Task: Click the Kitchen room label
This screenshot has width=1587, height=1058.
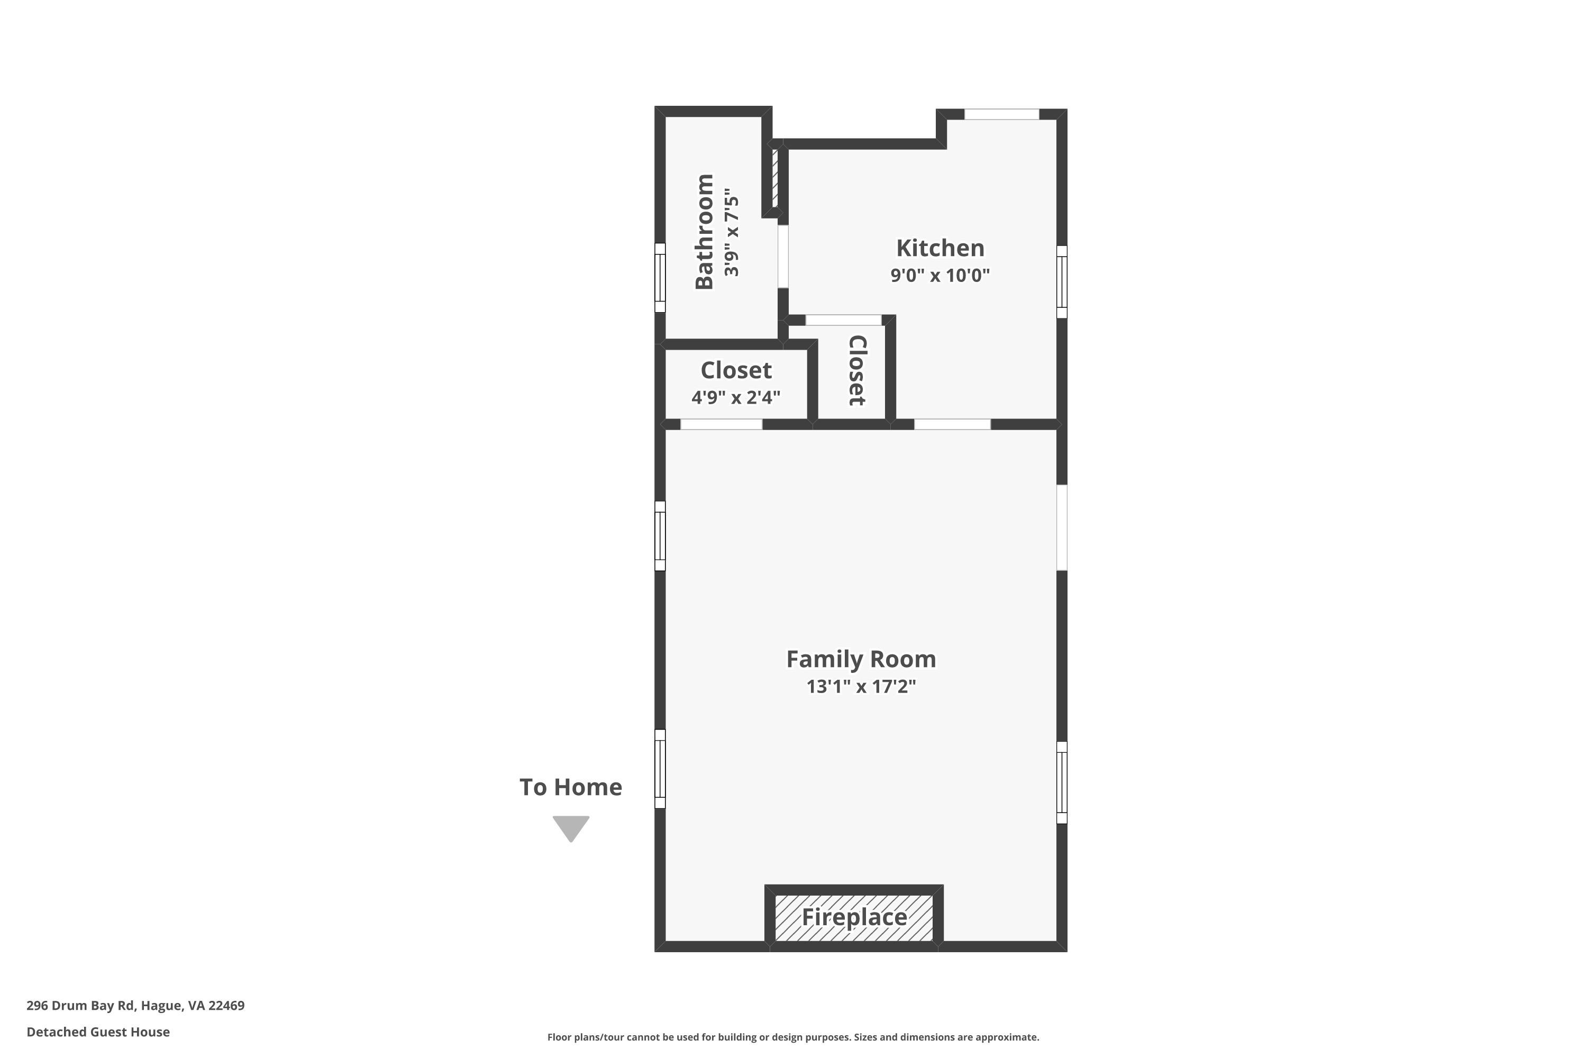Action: click(940, 248)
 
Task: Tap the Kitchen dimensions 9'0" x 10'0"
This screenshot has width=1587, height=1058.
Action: click(940, 275)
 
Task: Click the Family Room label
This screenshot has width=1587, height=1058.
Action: click(861, 659)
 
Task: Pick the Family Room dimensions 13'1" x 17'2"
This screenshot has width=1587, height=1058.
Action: click(861, 686)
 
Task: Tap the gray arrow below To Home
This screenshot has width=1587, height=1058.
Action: click(571, 828)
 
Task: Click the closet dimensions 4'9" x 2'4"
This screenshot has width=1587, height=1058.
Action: click(736, 397)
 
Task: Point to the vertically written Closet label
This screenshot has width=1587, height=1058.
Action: click(857, 370)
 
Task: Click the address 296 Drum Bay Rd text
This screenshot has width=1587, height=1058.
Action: click(81, 1006)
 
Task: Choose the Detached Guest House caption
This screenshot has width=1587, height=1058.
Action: click(98, 1032)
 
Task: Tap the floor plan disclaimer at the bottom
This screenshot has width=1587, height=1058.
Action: click(793, 1037)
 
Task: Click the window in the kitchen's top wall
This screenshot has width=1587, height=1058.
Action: click(1001, 115)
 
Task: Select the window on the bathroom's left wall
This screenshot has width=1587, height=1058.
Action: click(660, 277)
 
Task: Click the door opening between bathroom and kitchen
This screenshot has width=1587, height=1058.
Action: click(783, 257)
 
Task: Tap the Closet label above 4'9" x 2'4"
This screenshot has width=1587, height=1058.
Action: click(736, 370)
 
